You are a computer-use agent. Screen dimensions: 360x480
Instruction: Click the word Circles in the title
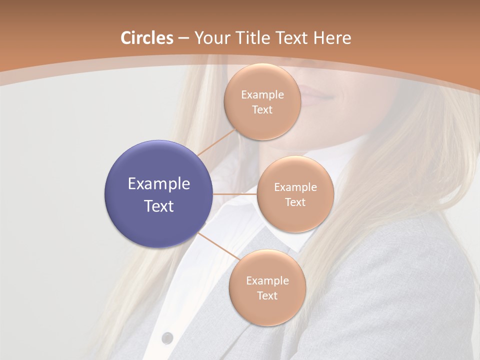click(x=147, y=38)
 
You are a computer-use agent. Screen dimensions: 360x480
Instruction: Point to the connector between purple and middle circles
click(x=235, y=194)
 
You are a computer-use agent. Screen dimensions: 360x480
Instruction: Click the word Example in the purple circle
click(x=158, y=184)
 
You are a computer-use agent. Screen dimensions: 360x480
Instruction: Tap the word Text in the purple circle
click(x=158, y=206)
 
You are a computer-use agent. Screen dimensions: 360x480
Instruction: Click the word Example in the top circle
click(x=262, y=94)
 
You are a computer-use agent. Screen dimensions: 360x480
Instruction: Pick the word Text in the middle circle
click(x=295, y=202)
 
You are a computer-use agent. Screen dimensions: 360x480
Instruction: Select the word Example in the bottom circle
click(x=267, y=280)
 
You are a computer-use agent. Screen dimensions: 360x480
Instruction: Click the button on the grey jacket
click(x=168, y=337)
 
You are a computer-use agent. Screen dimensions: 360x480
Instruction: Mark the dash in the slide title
click(x=183, y=38)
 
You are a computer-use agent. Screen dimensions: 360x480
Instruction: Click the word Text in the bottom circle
click(x=267, y=295)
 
